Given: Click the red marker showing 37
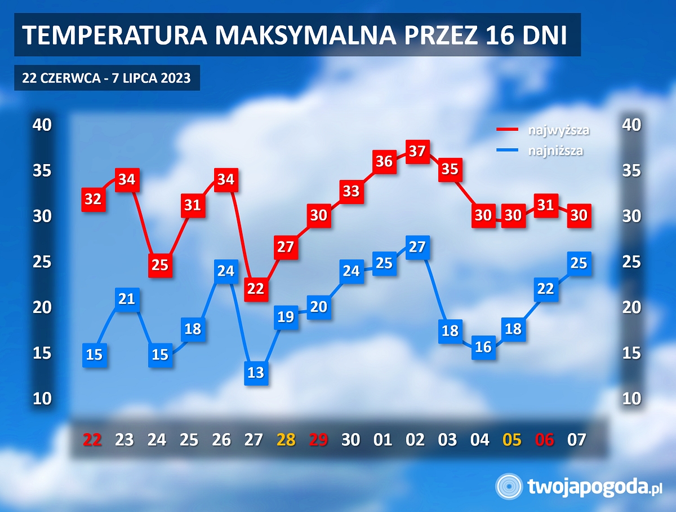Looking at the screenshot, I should point(417,151).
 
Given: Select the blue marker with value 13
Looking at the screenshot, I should point(256,373).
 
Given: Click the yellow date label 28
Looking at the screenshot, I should point(286,439).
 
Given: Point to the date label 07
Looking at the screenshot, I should point(577,439).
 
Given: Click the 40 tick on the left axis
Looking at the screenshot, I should point(42,125).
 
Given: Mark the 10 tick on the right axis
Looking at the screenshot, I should point(632,399).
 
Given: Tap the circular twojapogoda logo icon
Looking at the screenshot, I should point(509,486).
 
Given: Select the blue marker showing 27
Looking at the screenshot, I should point(417,247).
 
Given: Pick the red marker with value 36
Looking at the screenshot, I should point(384,161).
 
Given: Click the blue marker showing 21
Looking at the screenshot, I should point(127,299).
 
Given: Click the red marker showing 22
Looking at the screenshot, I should point(256,289).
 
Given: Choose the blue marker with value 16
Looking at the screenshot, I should point(483,347).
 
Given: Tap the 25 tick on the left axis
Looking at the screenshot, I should point(42,262).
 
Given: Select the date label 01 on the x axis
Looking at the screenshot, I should point(383,439).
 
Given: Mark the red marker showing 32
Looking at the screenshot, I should point(94,199).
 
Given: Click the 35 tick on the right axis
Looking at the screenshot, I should point(632,170).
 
